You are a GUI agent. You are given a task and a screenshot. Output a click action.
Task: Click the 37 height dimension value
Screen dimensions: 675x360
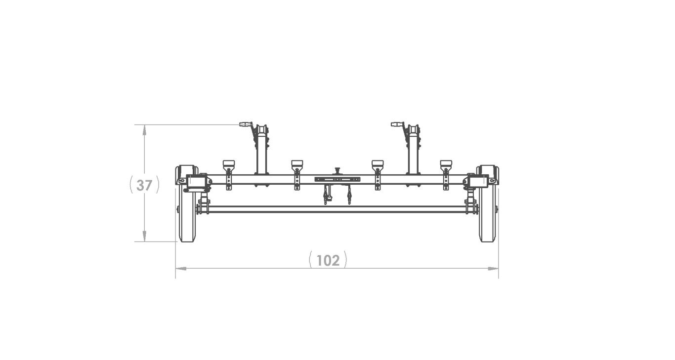144,185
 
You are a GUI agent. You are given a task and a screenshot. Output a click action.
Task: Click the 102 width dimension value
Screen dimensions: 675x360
328,261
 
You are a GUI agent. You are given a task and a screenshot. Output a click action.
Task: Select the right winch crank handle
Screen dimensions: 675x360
397,124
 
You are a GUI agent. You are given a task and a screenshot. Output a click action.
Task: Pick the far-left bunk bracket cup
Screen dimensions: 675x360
229,165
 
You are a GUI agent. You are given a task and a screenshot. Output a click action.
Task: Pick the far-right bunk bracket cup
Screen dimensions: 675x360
446,165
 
